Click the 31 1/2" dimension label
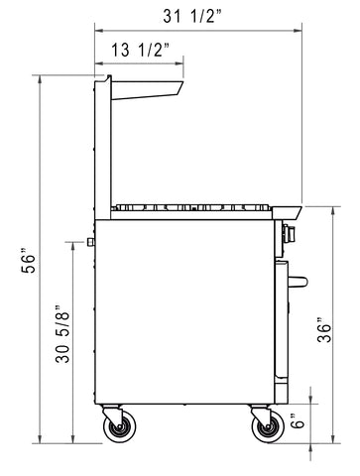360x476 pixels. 192,16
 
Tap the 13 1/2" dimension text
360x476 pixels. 140,50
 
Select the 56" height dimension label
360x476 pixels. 29,264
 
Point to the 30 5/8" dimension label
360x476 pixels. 62,334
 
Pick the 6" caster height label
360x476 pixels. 299,420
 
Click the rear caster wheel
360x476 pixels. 119,426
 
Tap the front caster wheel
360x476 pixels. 268,426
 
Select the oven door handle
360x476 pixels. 298,282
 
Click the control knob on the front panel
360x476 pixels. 289,234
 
